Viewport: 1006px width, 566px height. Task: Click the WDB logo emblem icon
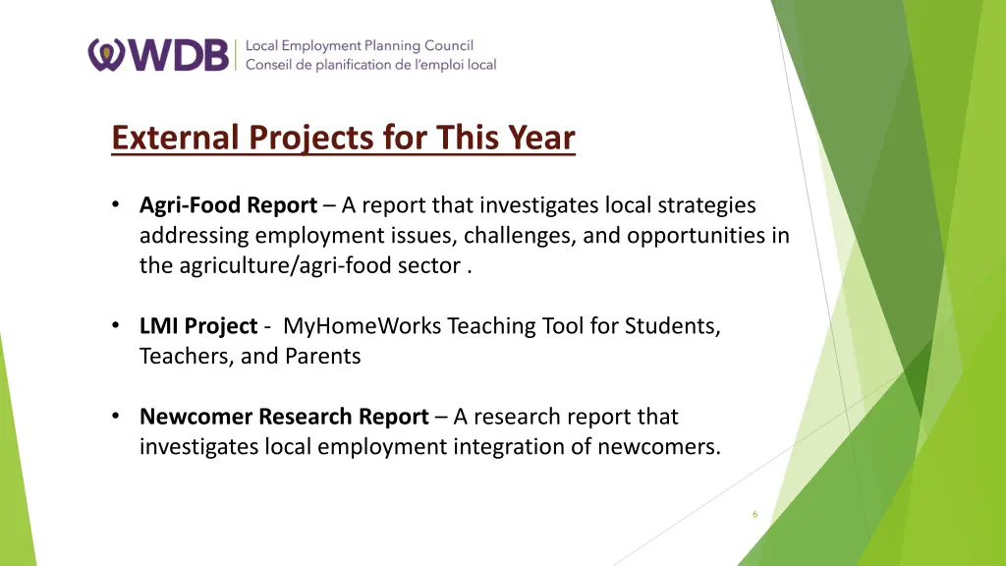[x=105, y=55]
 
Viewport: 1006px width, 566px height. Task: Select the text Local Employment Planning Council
[x=359, y=45]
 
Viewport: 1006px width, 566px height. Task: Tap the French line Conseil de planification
[x=370, y=65]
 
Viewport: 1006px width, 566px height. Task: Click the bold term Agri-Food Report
[x=228, y=205]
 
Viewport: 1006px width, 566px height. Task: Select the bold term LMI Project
[x=198, y=326]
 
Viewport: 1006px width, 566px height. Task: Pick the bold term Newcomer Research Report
[x=284, y=417]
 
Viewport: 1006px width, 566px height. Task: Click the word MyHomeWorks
[x=363, y=326]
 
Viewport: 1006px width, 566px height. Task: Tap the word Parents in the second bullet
[x=323, y=357]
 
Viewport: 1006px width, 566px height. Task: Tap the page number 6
[x=754, y=514]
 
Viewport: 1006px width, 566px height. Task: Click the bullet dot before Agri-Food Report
[x=116, y=205]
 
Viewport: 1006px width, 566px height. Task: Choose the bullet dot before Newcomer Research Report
[x=116, y=417]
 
